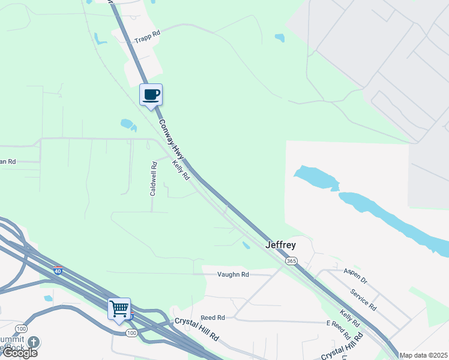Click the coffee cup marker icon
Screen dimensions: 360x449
tap(151, 95)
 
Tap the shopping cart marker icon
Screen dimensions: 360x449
tap(119, 310)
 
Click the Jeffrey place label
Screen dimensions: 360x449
tap(281, 245)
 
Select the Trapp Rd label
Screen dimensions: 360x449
tap(148, 37)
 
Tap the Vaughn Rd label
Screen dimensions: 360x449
tap(233, 274)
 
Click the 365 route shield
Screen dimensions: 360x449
tap(291, 261)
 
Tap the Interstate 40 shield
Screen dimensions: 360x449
tap(58, 270)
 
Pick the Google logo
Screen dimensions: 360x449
tap(20, 353)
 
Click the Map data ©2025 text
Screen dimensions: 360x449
tap(424, 355)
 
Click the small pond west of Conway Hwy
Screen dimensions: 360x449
tap(128, 125)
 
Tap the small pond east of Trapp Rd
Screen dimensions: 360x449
tap(279, 38)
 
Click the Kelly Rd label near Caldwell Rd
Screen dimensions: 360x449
tap(181, 170)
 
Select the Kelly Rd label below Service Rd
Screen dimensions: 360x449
tap(349, 319)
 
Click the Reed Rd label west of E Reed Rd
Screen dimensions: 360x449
tap(212, 317)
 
